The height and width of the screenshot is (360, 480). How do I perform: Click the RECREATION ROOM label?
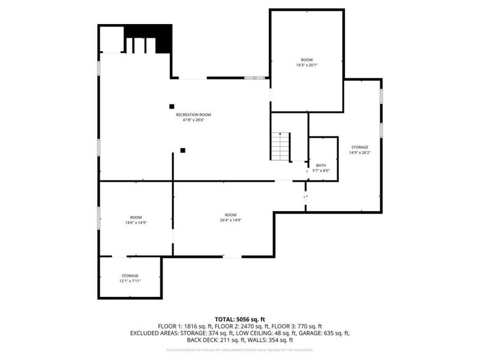click(193, 115)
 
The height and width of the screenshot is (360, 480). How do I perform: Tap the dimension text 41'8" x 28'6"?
click(193, 120)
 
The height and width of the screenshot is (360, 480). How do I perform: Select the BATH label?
click(321, 165)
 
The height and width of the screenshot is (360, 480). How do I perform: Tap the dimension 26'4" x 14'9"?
click(230, 220)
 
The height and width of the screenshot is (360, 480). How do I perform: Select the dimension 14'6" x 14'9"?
click(136, 223)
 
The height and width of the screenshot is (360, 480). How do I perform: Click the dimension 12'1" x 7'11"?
click(130, 281)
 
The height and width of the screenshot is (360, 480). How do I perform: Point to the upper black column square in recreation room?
click(172, 106)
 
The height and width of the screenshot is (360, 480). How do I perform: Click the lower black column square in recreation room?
click(183, 150)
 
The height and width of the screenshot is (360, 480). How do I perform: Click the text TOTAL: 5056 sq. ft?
click(240, 319)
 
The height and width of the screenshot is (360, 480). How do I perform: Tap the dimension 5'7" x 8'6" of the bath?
click(321, 171)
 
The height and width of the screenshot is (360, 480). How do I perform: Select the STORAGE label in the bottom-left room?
click(130, 275)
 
